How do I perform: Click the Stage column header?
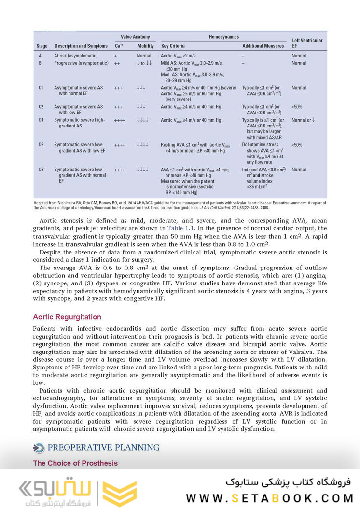(x=42, y=46)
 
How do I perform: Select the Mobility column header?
(x=145, y=46)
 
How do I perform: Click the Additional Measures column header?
(x=263, y=46)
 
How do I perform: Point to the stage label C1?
(x=41, y=88)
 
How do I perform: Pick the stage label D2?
(x=42, y=144)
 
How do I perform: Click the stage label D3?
(x=42, y=170)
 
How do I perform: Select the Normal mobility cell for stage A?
(x=144, y=56)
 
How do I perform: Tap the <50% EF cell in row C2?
(x=297, y=107)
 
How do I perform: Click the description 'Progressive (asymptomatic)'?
(x=81, y=63)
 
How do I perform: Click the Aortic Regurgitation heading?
(x=67, y=317)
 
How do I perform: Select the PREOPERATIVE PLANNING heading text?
(x=103, y=448)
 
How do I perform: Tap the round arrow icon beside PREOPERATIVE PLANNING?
(x=39, y=448)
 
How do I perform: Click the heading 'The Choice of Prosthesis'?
(x=75, y=463)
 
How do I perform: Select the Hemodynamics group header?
(x=223, y=37)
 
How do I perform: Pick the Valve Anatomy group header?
(x=135, y=37)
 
